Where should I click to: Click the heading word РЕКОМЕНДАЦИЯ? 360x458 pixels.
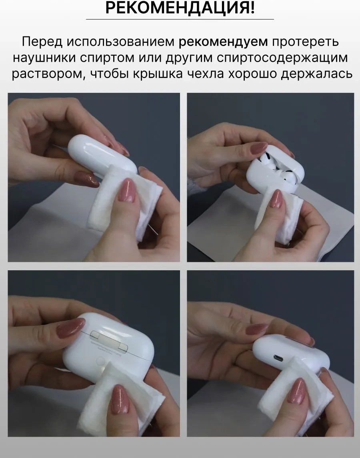180,8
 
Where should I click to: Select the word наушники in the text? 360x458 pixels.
45,58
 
